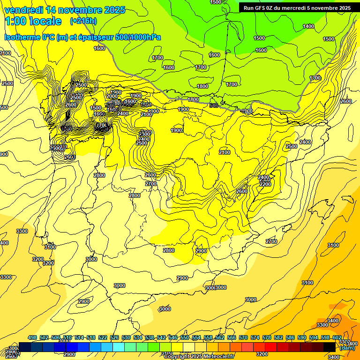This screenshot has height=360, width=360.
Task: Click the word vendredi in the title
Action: tap(22, 10)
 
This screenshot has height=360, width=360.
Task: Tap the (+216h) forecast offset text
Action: tap(83, 21)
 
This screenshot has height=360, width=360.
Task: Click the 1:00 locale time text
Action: tap(33, 21)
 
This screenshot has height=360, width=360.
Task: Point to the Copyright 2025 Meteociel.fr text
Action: tap(199, 356)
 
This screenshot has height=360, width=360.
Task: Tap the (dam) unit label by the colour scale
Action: tap(347, 348)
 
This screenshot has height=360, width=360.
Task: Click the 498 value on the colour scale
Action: tap(32, 338)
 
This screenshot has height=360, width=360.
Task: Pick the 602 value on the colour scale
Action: tap(337, 338)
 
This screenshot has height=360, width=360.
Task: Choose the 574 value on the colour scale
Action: tap(255, 338)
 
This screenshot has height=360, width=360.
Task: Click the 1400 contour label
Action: tap(308, 27)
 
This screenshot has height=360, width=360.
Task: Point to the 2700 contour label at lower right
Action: tap(271, 241)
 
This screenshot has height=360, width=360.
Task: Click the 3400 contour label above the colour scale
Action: tap(333, 321)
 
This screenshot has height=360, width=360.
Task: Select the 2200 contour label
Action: tap(265, 184)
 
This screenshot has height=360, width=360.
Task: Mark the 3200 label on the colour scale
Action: tap(262, 354)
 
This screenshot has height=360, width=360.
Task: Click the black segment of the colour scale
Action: tap(330, 347)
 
